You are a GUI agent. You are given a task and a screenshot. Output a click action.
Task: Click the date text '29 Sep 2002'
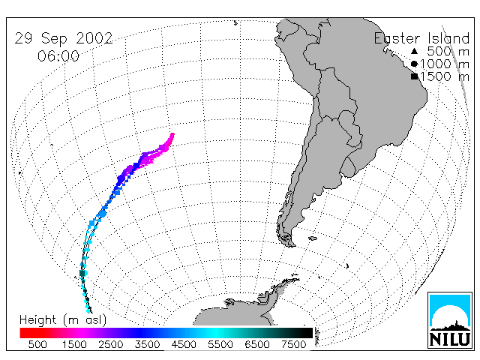(x=64, y=38)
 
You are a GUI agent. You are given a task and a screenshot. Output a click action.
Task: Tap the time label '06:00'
(x=58, y=56)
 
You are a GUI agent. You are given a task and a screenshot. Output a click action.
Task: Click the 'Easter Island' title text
(x=421, y=38)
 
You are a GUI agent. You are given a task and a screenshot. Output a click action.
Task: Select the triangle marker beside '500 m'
(x=414, y=51)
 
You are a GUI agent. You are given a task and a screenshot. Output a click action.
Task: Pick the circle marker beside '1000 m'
(x=414, y=64)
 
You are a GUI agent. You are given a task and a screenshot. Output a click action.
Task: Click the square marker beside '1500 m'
(x=414, y=76)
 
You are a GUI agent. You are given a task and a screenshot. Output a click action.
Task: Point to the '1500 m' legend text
(x=445, y=76)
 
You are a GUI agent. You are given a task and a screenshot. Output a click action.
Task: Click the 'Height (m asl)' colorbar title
(x=63, y=320)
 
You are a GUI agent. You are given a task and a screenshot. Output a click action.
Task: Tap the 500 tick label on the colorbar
(x=37, y=344)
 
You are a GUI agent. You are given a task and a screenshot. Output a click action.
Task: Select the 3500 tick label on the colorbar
(x=147, y=344)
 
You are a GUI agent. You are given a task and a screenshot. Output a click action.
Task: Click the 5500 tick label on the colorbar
(x=220, y=344)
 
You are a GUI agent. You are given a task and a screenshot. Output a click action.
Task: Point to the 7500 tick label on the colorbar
(x=293, y=344)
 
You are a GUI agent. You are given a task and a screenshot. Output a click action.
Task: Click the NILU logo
(x=450, y=320)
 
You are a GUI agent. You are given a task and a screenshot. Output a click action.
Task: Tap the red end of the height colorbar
(x=21, y=333)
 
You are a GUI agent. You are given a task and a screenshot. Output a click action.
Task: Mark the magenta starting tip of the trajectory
(x=172, y=135)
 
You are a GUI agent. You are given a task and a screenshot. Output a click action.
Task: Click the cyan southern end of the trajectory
(x=88, y=310)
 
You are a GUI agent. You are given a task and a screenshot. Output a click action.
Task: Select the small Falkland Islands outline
(x=313, y=238)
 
